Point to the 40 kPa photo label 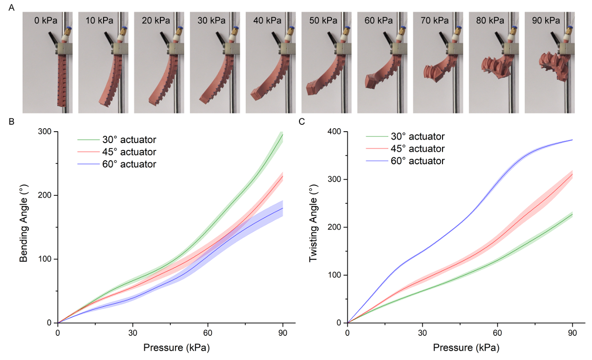tap(269, 21)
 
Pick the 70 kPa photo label tap(435, 21)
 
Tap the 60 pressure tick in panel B tap(208, 332)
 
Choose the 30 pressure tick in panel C tap(422, 332)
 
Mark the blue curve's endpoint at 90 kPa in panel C tap(572, 140)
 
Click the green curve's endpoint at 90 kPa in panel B tap(283, 134)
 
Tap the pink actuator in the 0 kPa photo tap(61, 81)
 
